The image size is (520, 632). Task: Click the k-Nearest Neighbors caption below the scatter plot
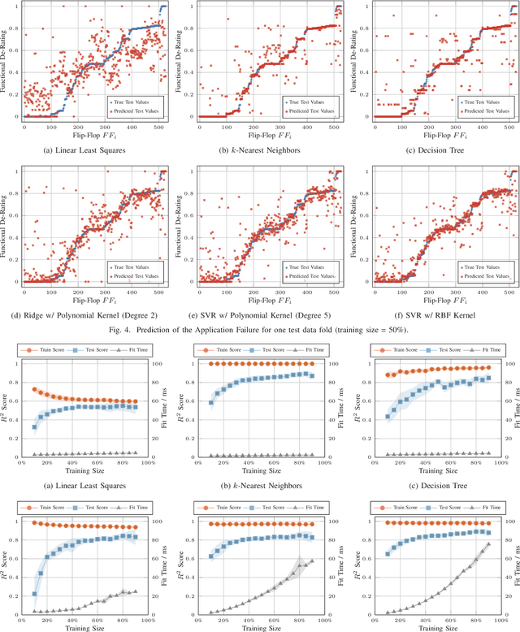(260, 149)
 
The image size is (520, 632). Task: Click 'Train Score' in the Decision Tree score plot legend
(401, 348)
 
